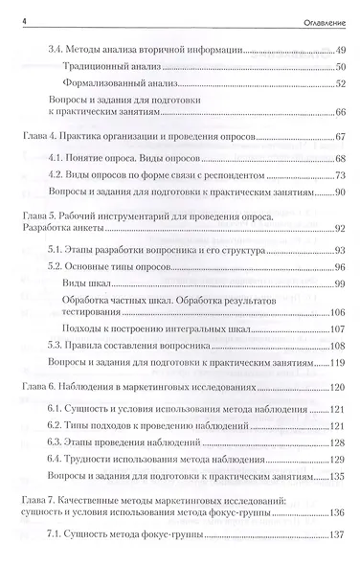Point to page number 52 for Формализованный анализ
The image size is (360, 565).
click(339, 87)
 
